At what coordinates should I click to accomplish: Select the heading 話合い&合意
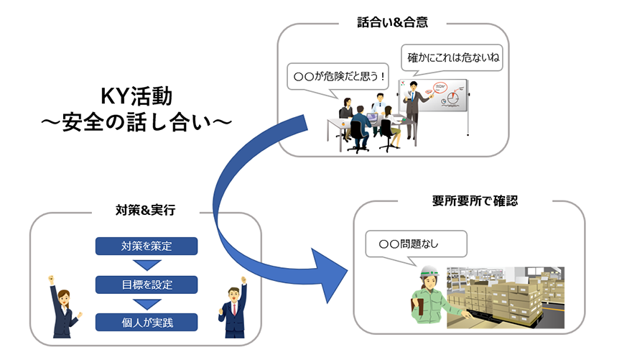(392, 22)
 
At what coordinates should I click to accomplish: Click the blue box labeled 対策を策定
(146, 246)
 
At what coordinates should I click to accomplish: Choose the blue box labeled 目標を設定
(146, 284)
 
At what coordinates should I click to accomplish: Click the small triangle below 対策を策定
(146, 265)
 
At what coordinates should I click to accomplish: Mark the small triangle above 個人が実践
(146, 303)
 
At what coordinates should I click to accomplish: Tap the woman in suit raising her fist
(62, 306)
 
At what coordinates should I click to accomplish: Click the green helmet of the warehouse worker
(429, 271)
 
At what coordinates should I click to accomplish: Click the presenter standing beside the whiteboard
(410, 108)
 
